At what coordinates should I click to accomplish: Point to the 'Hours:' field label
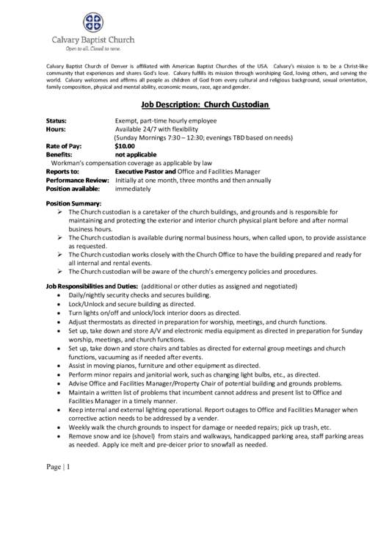click(x=56, y=129)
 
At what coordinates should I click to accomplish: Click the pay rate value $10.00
click(x=125, y=146)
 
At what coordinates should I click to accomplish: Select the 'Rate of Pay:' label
click(x=64, y=146)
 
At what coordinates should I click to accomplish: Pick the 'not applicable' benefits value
click(x=137, y=154)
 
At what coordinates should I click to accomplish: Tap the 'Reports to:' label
click(x=62, y=171)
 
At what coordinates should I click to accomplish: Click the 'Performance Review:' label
click(x=77, y=180)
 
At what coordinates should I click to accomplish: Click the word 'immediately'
click(x=133, y=189)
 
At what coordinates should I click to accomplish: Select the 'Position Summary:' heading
click(x=73, y=203)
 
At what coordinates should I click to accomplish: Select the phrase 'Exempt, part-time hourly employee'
click(x=165, y=120)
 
